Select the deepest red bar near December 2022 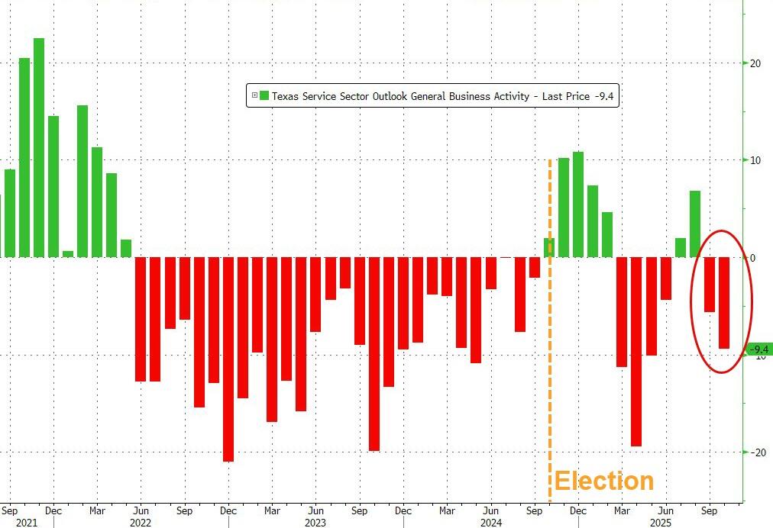(228, 359)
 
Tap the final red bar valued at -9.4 (724, 303)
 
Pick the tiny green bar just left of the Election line (548, 247)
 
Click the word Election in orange (603, 481)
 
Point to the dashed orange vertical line (550, 343)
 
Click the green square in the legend (264, 95)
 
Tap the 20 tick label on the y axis (756, 63)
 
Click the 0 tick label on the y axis (752, 258)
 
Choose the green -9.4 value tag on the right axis (758, 349)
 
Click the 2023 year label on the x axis (315, 523)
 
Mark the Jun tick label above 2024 (491, 510)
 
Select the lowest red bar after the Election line (636, 352)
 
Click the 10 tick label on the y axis (756, 160)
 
